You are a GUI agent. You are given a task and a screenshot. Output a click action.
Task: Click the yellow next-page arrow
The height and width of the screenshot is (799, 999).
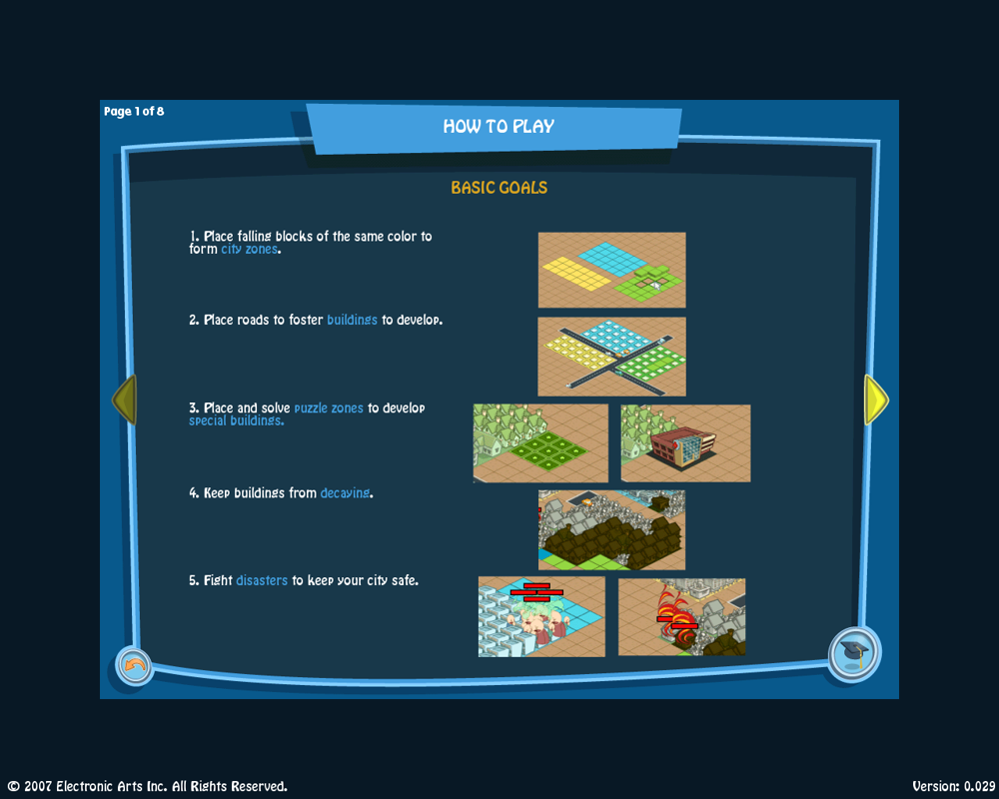875,399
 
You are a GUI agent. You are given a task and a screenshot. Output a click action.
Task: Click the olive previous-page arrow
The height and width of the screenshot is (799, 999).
124,399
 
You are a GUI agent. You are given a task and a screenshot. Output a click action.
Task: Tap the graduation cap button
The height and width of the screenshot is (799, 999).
854,654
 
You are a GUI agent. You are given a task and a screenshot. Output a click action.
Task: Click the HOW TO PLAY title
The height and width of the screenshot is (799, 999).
499,127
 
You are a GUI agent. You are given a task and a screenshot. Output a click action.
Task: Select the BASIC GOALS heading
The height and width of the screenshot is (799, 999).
499,188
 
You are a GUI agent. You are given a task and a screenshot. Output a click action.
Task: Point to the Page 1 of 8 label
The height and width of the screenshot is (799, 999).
134,111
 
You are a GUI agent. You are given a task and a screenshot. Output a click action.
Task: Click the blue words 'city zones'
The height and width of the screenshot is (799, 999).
250,250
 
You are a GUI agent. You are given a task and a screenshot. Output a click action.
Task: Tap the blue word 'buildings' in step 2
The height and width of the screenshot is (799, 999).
352,321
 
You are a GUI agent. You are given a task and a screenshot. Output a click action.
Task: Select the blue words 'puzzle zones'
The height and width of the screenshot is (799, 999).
329,408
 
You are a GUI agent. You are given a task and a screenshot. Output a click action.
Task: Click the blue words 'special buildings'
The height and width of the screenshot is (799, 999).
236,421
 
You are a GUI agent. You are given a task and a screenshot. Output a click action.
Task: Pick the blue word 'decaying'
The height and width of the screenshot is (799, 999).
345,493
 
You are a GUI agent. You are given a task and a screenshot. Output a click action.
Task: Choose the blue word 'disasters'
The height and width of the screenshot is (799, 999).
262,580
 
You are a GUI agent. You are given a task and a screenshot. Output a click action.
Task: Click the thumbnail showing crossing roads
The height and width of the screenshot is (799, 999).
611,357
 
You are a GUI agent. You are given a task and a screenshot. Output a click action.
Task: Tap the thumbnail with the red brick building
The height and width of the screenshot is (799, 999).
685,443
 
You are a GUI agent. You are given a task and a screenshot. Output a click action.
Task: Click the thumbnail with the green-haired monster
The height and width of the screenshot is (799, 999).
541,616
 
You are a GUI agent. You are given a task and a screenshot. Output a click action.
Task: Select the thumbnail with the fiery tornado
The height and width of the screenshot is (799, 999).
681,616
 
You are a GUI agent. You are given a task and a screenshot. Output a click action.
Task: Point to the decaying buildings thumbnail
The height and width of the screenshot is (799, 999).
611,529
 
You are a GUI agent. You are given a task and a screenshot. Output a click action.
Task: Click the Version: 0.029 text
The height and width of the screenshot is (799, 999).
953,786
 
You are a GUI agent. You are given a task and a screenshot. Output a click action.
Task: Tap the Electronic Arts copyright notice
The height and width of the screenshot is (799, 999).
148,786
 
